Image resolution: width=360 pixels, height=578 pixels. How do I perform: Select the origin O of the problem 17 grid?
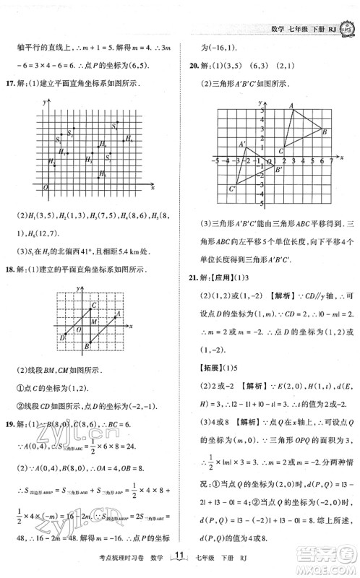pos(47,187)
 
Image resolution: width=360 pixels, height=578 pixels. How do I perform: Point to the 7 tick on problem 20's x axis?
pos(330,158)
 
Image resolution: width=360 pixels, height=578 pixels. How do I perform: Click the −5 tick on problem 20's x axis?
pos(216,158)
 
